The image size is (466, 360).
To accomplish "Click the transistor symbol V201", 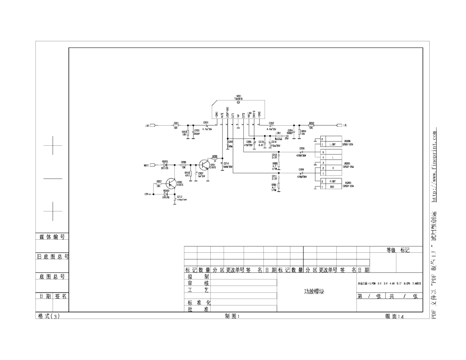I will tap(204, 164).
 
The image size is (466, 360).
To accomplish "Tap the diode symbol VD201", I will tap(165, 165).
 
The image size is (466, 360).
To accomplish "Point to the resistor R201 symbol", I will tap(176, 125).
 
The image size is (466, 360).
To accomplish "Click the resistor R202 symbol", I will tap(311, 125).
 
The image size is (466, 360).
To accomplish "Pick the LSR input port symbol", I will tap(153, 125).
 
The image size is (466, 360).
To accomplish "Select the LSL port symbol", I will tap(340, 125).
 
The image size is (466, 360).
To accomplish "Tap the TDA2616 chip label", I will tap(239, 99).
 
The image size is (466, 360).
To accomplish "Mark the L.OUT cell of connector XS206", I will tap(333, 145).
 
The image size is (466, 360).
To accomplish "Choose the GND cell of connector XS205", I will tap(333, 187).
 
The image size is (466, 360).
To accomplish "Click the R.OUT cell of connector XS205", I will tap(333, 181).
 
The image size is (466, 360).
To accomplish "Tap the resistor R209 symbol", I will tap(215, 158).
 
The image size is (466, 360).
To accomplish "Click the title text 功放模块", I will tap(314, 292).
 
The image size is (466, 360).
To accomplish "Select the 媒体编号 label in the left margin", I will tap(52, 237).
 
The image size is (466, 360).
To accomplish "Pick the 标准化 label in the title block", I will tap(199, 302).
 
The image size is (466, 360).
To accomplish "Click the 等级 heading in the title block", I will tap(391, 250).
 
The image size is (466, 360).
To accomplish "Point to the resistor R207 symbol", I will tap(159, 183).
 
